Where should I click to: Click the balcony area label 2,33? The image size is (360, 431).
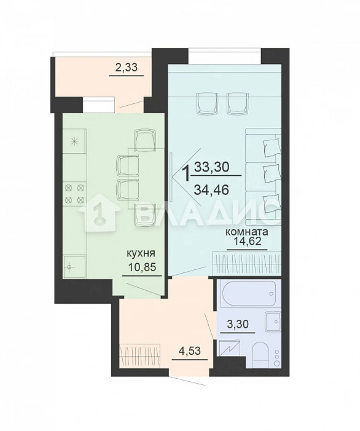pos(126,68)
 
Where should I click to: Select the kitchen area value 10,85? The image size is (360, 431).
pos(143,267)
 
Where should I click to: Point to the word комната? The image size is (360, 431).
pos(246,232)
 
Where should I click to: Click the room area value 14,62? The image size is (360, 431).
pos(247,242)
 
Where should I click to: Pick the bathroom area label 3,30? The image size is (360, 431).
pos(238,324)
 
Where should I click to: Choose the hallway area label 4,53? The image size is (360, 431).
pos(189,350)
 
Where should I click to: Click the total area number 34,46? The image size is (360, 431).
pos(211,189)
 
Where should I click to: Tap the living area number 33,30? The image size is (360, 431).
pos(211,167)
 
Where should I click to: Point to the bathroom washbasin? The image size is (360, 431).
pos(273,322)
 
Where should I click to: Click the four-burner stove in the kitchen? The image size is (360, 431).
pos(75,194)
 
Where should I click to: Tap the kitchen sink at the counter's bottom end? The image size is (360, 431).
pos(74,267)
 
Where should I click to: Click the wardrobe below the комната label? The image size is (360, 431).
pos(247,263)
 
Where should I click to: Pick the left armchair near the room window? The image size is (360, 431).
pos(207,104)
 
